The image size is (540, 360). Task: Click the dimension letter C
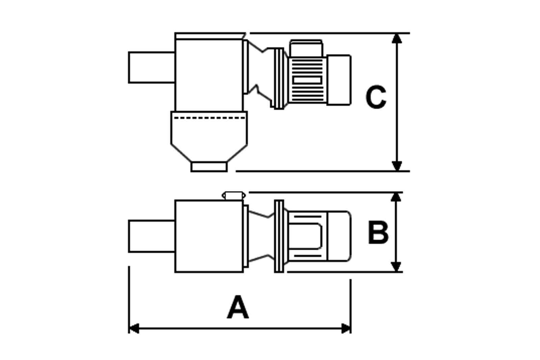pyautogui.click(x=376, y=97)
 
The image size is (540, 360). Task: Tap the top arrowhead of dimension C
pyautogui.click(x=397, y=38)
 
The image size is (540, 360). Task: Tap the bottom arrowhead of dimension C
pyautogui.click(x=397, y=166)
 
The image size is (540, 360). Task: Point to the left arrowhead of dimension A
pyautogui.click(x=134, y=328)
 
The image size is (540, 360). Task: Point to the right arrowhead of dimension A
pyautogui.click(x=346, y=328)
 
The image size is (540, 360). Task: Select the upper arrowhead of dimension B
pyautogui.click(x=396, y=197)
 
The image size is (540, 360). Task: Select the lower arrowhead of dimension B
pyautogui.click(x=396, y=267)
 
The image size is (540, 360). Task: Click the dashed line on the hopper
pyautogui.click(x=209, y=118)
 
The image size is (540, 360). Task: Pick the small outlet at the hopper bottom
pyautogui.click(x=209, y=167)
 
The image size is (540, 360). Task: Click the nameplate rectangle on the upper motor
pyautogui.click(x=307, y=80)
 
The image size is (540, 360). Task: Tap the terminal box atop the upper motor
pyautogui.click(x=306, y=48)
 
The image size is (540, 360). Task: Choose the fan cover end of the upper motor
pyautogui.click(x=339, y=80)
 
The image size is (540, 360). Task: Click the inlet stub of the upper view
pyautogui.click(x=152, y=67)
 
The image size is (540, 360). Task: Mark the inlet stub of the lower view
pyautogui.click(x=152, y=236)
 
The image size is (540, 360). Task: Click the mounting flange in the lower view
pyautogui.click(x=279, y=236)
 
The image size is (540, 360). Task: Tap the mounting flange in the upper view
pyautogui.click(x=279, y=78)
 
